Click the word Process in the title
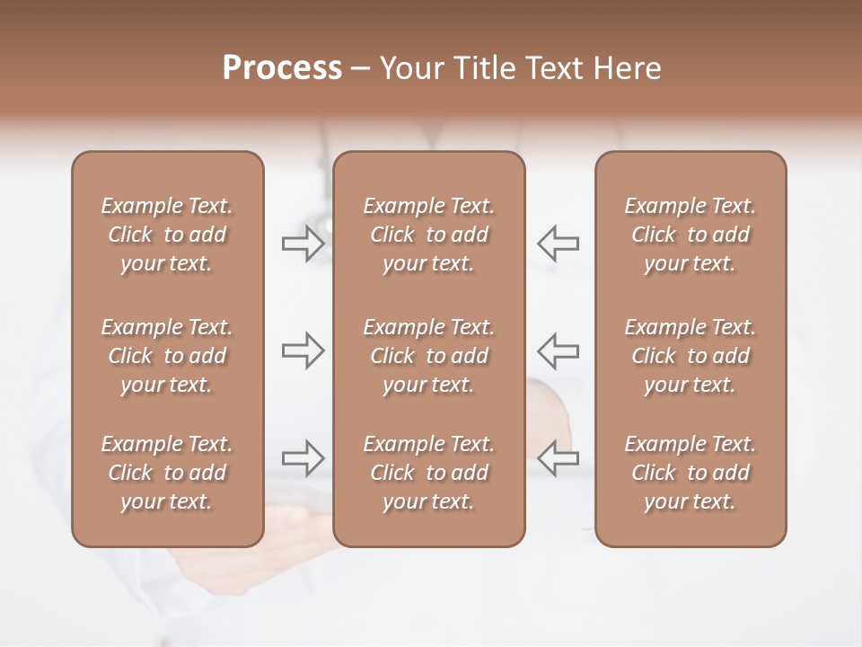(282, 68)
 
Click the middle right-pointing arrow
(303, 350)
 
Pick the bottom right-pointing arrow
(303, 458)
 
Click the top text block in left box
(167, 235)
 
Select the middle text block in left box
(167, 356)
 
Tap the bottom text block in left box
(167, 473)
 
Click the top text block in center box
(429, 235)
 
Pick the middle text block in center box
(429, 356)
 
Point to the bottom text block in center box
(429, 473)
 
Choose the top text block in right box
(690, 235)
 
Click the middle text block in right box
(690, 356)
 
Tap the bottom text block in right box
(690, 473)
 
